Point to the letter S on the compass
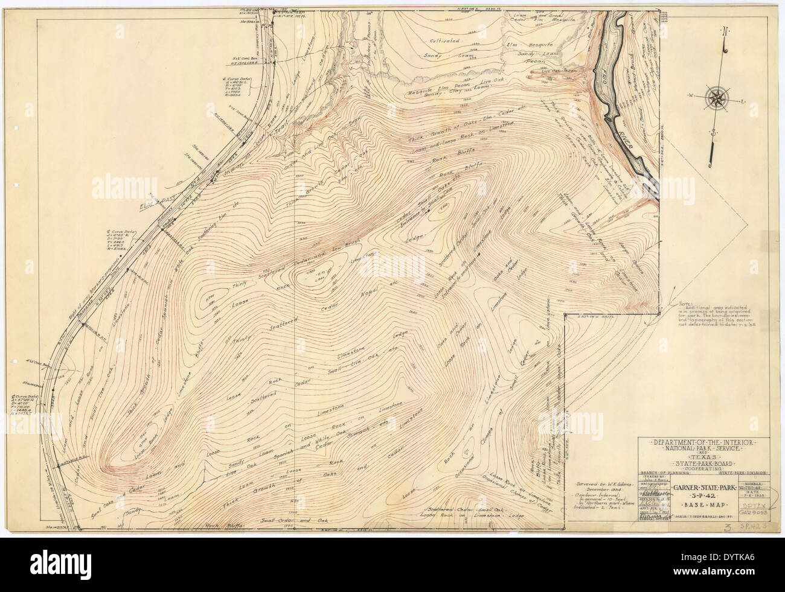pyautogui.click(x=714, y=132)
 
